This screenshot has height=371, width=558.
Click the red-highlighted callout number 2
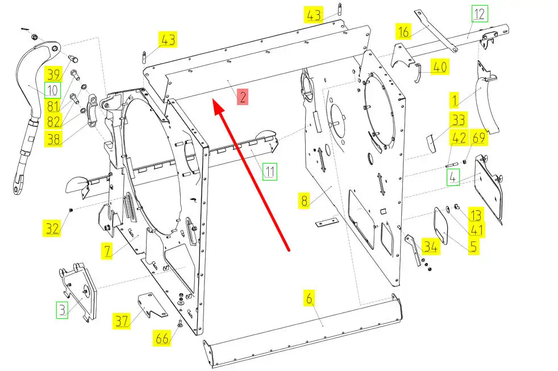242,97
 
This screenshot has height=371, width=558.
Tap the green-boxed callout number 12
480,14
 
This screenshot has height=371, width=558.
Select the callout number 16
403,31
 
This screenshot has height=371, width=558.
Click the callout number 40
440,66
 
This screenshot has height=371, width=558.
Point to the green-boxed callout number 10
53,90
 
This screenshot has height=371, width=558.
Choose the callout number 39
53,74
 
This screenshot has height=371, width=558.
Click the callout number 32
52,228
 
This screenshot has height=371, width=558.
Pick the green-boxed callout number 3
63,310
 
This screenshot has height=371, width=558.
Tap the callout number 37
122,321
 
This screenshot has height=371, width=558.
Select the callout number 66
163,337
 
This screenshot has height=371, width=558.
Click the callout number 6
309,298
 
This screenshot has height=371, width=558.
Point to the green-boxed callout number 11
270,172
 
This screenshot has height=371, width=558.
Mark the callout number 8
304,200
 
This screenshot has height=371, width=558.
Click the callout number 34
431,246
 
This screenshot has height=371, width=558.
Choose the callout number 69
479,137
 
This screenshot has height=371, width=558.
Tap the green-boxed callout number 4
453,177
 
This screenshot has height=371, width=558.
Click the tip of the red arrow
213,101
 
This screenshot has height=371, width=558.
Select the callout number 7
107,251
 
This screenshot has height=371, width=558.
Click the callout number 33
459,120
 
